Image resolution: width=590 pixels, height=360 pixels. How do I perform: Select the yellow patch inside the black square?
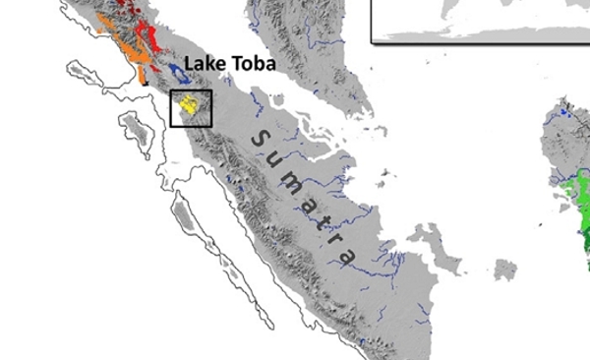pyautogui.click(x=192, y=104)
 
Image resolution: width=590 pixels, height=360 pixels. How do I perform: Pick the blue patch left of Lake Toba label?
pyautogui.click(x=178, y=71)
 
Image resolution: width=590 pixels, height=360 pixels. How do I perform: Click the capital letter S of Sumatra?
pyautogui.click(x=259, y=139)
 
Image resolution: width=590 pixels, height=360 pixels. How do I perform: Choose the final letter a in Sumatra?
pyautogui.click(x=347, y=258)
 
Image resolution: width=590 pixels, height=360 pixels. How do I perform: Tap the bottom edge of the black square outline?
pyautogui.click(x=191, y=126)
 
